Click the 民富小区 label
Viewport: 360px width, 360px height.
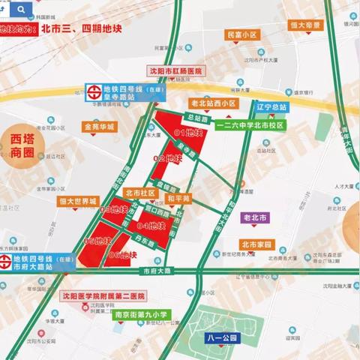click(x=242, y=35)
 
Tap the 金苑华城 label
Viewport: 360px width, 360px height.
click(x=100, y=127)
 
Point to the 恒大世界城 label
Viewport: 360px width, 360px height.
click(x=79, y=202)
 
